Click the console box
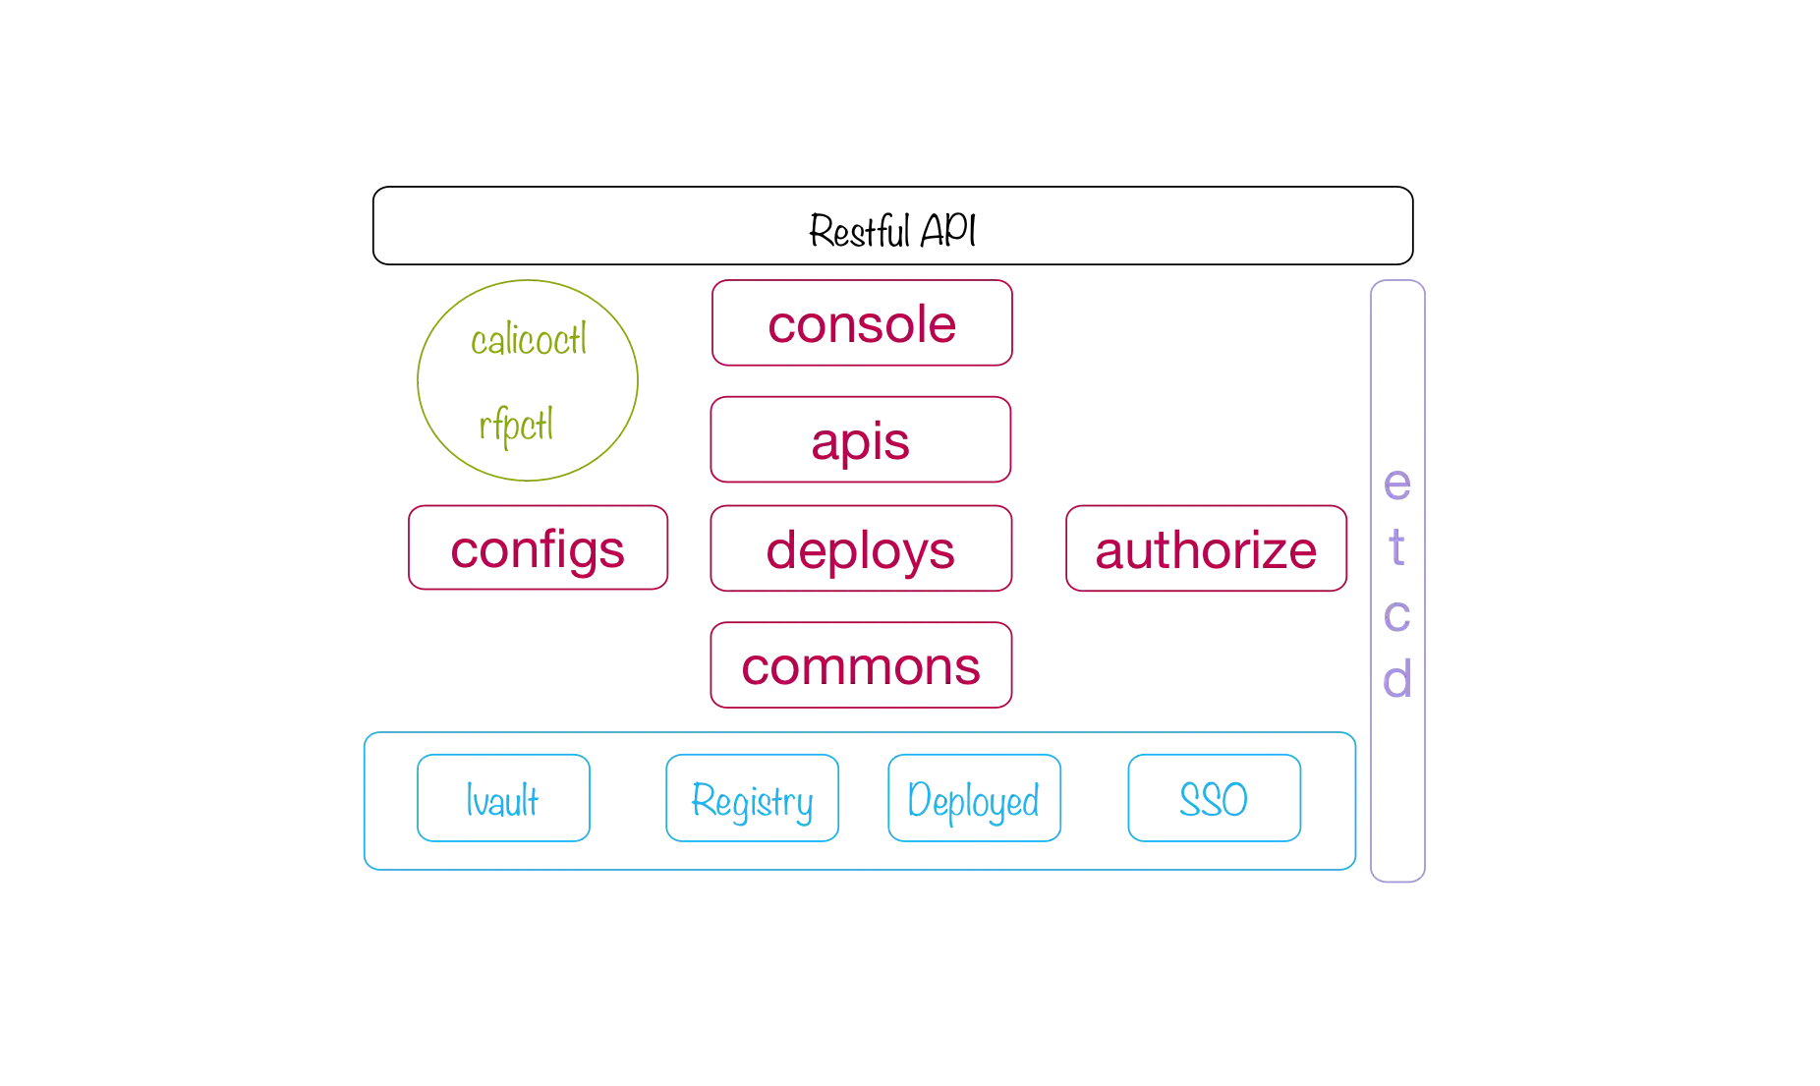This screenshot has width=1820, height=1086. tap(861, 323)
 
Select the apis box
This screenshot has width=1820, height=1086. tap(861, 440)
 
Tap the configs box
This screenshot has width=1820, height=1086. tap(537, 549)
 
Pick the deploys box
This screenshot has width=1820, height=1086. tap(861, 549)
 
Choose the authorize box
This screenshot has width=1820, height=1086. tap(1205, 549)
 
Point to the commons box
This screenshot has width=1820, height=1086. tap(861, 667)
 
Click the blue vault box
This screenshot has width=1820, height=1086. tap(503, 799)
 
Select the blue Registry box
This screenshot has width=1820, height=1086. tap(751, 799)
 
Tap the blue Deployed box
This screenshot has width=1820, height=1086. tap(974, 799)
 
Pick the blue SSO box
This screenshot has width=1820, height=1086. tap(1214, 799)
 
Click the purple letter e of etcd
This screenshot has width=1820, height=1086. tap(1398, 486)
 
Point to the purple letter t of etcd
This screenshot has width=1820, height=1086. tap(1398, 549)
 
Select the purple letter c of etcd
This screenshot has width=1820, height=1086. tap(1398, 616)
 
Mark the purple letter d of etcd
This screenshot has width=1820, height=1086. tap(1398, 677)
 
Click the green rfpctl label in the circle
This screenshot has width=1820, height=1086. tap(518, 427)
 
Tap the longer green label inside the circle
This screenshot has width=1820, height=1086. tap(530, 340)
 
